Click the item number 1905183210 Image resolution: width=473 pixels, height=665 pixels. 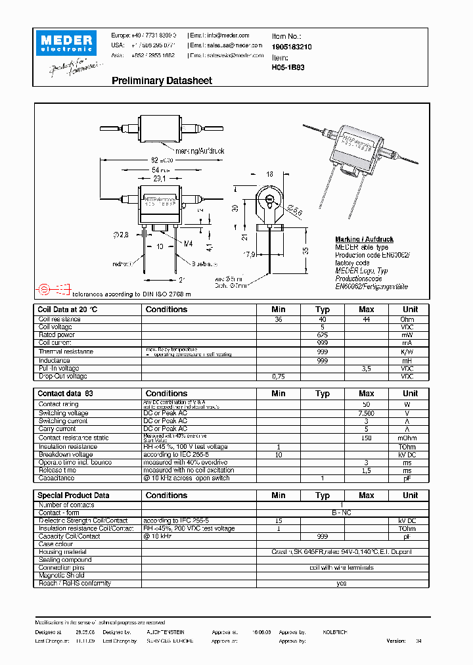click(291, 48)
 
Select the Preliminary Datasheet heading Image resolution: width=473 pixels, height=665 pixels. click(162, 81)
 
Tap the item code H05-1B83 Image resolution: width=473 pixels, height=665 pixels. click(287, 67)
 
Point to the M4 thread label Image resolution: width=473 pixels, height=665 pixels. click(188, 244)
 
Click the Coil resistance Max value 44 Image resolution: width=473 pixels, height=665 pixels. click(366, 319)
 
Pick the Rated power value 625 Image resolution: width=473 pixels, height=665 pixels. click(322, 335)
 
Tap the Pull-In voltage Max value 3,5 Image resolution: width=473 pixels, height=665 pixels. click(366, 369)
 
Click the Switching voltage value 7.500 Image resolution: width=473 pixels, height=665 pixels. click(366, 413)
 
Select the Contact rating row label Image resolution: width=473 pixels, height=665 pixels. click(58, 404)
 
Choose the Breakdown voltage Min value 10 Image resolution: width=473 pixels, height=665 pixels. click(279, 455)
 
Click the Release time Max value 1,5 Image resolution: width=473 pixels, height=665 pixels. click(366, 470)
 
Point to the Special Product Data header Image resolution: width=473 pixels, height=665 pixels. click(74, 495)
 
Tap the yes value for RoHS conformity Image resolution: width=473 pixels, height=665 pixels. click(341, 584)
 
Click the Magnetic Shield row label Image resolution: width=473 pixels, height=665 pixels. click(61, 576)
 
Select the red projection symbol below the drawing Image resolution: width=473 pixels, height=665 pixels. click(53, 288)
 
